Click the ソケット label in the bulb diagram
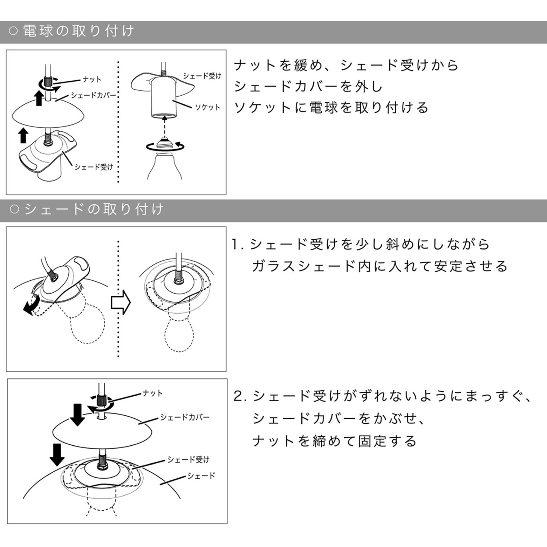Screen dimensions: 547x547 (x=208, y=107)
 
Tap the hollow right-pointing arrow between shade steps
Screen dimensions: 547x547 (x=121, y=302)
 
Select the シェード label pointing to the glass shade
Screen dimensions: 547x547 (x=201, y=475)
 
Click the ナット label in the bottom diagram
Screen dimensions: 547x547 (x=153, y=393)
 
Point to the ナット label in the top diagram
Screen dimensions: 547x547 (x=92, y=79)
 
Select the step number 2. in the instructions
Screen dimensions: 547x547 (x=240, y=396)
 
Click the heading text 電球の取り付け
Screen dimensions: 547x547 (x=78, y=31)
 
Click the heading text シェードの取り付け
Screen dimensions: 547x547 (x=94, y=209)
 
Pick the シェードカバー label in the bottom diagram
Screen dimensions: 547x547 (x=185, y=417)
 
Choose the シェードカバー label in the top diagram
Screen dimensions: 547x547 (x=93, y=95)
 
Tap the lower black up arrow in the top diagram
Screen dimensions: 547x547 (x=23, y=135)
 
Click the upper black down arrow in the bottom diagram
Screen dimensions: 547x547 (x=77, y=415)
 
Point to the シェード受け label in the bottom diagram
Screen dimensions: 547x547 (x=188, y=459)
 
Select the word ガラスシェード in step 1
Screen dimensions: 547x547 (x=303, y=266)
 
